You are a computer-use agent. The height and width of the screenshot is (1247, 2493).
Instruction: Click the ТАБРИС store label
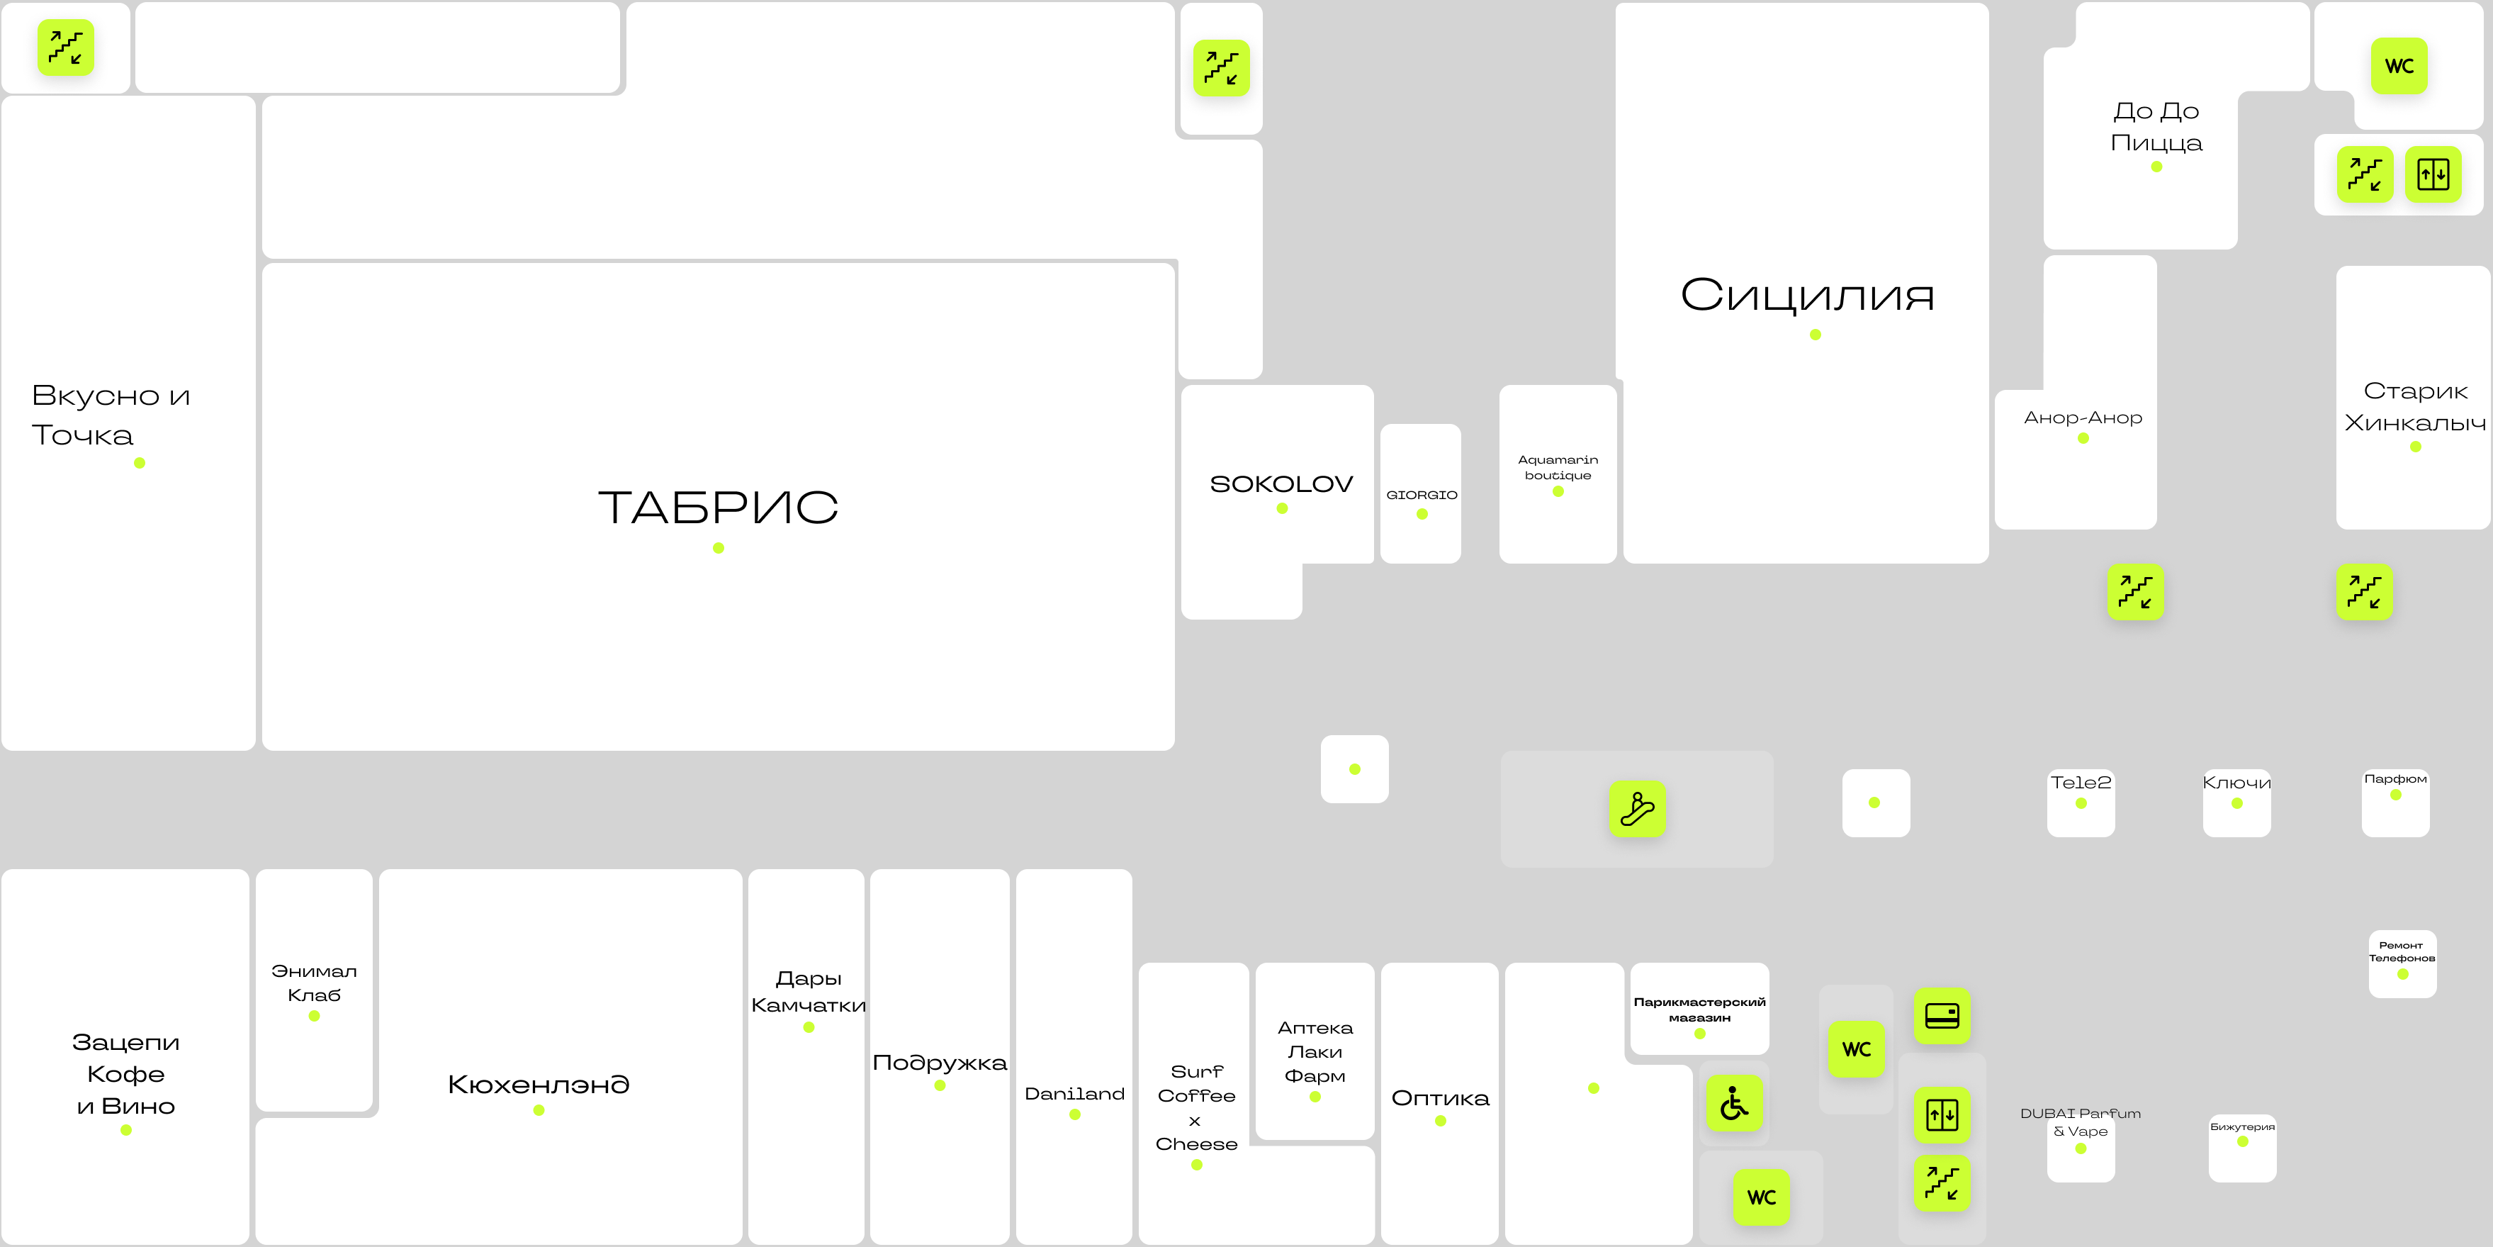click(x=718, y=508)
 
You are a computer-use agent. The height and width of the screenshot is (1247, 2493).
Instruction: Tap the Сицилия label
click(x=1807, y=296)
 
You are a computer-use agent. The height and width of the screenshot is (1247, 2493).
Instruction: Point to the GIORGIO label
click(x=1422, y=495)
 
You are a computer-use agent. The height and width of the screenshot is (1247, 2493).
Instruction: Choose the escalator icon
click(x=1638, y=808)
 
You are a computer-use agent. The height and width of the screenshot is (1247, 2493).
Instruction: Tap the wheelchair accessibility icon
click(x=1734, y=1103)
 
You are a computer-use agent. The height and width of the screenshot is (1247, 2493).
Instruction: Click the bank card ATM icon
click(x=1942, y=1016)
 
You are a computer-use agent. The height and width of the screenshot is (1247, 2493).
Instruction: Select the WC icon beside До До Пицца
click(x=2399, y=66)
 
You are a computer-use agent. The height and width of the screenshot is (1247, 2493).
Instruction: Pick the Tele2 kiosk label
click(x=2081, y=782)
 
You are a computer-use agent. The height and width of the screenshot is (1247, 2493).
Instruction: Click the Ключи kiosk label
click(x=2236, y=782)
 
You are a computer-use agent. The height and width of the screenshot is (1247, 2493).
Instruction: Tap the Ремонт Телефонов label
click(x=2402, y=951)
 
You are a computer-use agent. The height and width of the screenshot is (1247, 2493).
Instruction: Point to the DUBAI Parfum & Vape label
click(x=2081, y=1122)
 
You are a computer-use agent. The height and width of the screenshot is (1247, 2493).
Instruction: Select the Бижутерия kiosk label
click(x=2242, y=1127)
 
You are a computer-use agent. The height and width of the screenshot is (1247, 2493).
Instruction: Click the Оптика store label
click(x=1440, y=1098)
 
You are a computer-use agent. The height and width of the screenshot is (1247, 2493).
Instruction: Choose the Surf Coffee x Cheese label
click(x=1196, y=1107)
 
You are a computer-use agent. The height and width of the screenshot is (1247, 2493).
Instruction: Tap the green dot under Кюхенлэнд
click(x=539, y=1110)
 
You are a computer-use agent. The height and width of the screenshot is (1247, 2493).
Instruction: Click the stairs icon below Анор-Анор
click(x=2136, y=591)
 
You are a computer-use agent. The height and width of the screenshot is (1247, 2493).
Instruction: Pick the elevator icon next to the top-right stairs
click(x=2433, y=174)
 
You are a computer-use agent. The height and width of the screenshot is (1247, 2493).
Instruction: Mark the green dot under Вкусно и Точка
click(x=140, y=463)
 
